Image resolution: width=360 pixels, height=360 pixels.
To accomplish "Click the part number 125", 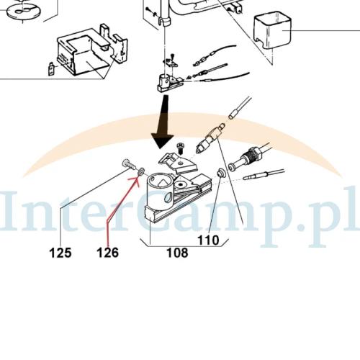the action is click(x=60, y=253).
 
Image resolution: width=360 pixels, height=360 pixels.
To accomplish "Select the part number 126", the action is click(x=107, y=253).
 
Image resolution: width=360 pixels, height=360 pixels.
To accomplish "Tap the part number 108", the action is click(x=177, y=253).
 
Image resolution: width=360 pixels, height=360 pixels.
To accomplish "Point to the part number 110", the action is click(x=208, y=240).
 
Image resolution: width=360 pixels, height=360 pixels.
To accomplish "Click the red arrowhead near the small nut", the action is click(x=135, y=181).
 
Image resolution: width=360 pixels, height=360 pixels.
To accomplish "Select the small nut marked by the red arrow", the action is click(x=141, y=171).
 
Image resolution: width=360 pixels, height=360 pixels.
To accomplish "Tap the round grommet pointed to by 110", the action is click(x=220, y=172).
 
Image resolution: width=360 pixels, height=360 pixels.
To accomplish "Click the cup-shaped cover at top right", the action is click(x=272, y=30).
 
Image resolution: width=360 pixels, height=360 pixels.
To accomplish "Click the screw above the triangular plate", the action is click(x=180, y=148).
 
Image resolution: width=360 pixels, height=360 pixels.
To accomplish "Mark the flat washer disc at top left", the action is click(x=23, y=11).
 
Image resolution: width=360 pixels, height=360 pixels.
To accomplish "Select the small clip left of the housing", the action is click(x=51, y=68).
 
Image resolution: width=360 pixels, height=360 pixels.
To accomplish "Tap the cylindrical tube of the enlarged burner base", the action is click(x=160, y=192).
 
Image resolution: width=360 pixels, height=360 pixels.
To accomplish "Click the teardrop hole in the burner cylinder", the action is click(x=167, y=197).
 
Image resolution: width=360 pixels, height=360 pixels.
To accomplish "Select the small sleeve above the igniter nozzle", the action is click(x=233, y=114).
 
